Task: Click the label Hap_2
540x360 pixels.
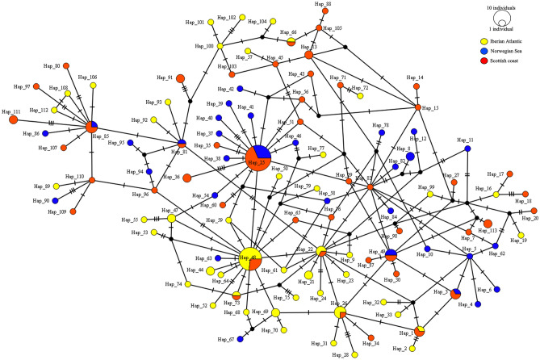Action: tap(398, 349)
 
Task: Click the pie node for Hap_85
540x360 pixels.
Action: tap(94, 126)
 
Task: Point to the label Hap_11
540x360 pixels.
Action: tap(465, 140)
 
